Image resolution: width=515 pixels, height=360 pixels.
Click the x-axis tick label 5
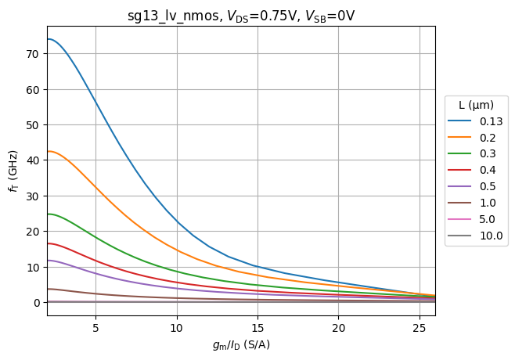[95, 326]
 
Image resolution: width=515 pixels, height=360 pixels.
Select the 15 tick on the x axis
[257, 326]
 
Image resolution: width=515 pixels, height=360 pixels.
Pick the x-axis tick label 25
[420, 326]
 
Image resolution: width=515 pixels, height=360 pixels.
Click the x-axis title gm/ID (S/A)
[241, 344]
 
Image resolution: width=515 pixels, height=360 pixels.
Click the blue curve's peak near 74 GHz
[49, 39]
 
